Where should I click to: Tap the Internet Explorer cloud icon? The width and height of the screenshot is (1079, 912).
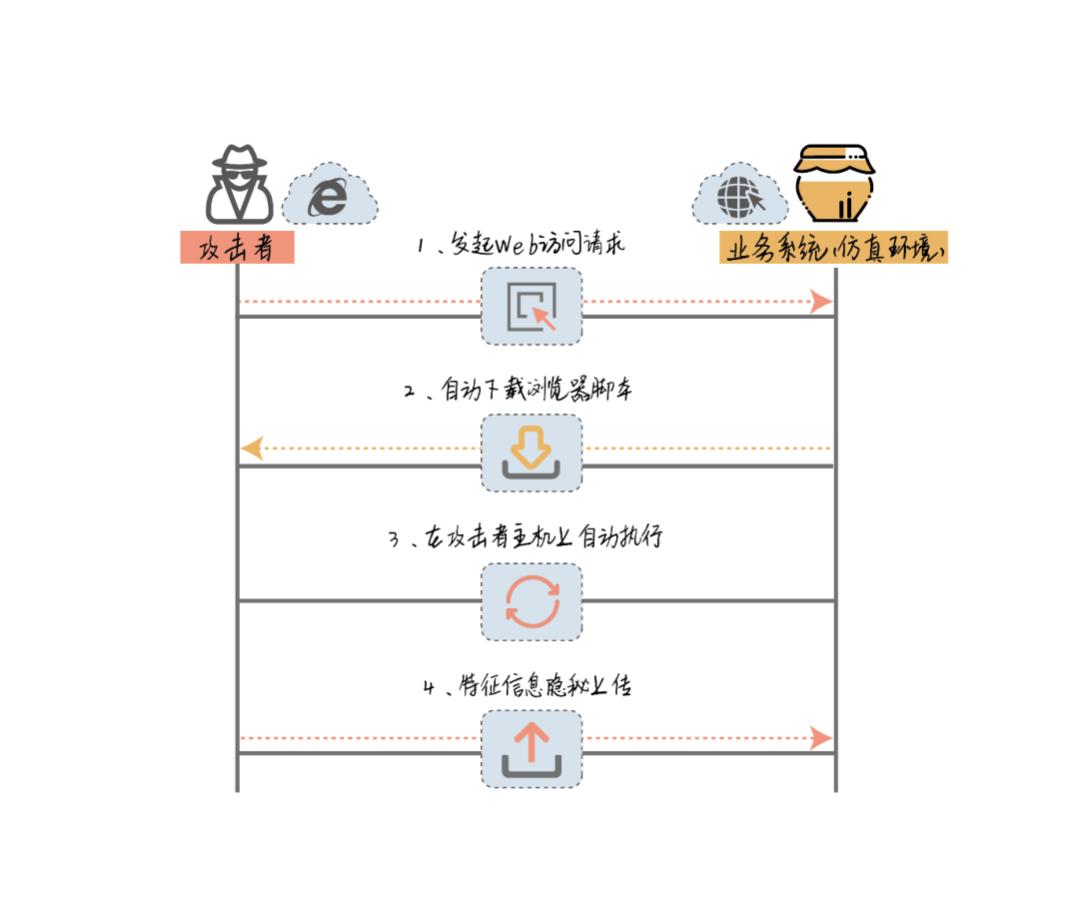coord(329,195)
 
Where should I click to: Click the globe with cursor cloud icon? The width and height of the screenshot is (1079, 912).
coord(740,193)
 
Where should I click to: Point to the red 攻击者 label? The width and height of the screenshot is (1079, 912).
coord(237,248)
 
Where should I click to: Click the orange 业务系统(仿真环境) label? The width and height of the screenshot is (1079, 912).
coord(833,248)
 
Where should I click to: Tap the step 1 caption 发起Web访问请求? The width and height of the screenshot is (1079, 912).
coord(522,244)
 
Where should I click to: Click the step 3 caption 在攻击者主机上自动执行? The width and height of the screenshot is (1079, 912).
coord(526,537)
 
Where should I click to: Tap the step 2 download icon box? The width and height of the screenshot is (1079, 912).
coord(532,454)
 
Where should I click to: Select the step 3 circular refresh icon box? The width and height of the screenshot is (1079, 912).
coord(532,601)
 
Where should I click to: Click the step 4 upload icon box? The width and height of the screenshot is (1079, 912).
coord(532,748)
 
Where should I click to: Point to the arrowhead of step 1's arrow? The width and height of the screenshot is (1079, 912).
coord(821,301)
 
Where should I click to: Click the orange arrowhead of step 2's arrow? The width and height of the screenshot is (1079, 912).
coord(252,449)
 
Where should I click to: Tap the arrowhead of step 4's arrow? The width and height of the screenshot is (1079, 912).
coord(821,738)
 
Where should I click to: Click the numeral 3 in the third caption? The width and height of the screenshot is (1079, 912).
coord(394,539)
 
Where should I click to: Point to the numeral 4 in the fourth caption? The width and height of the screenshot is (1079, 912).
coord(429,687)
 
